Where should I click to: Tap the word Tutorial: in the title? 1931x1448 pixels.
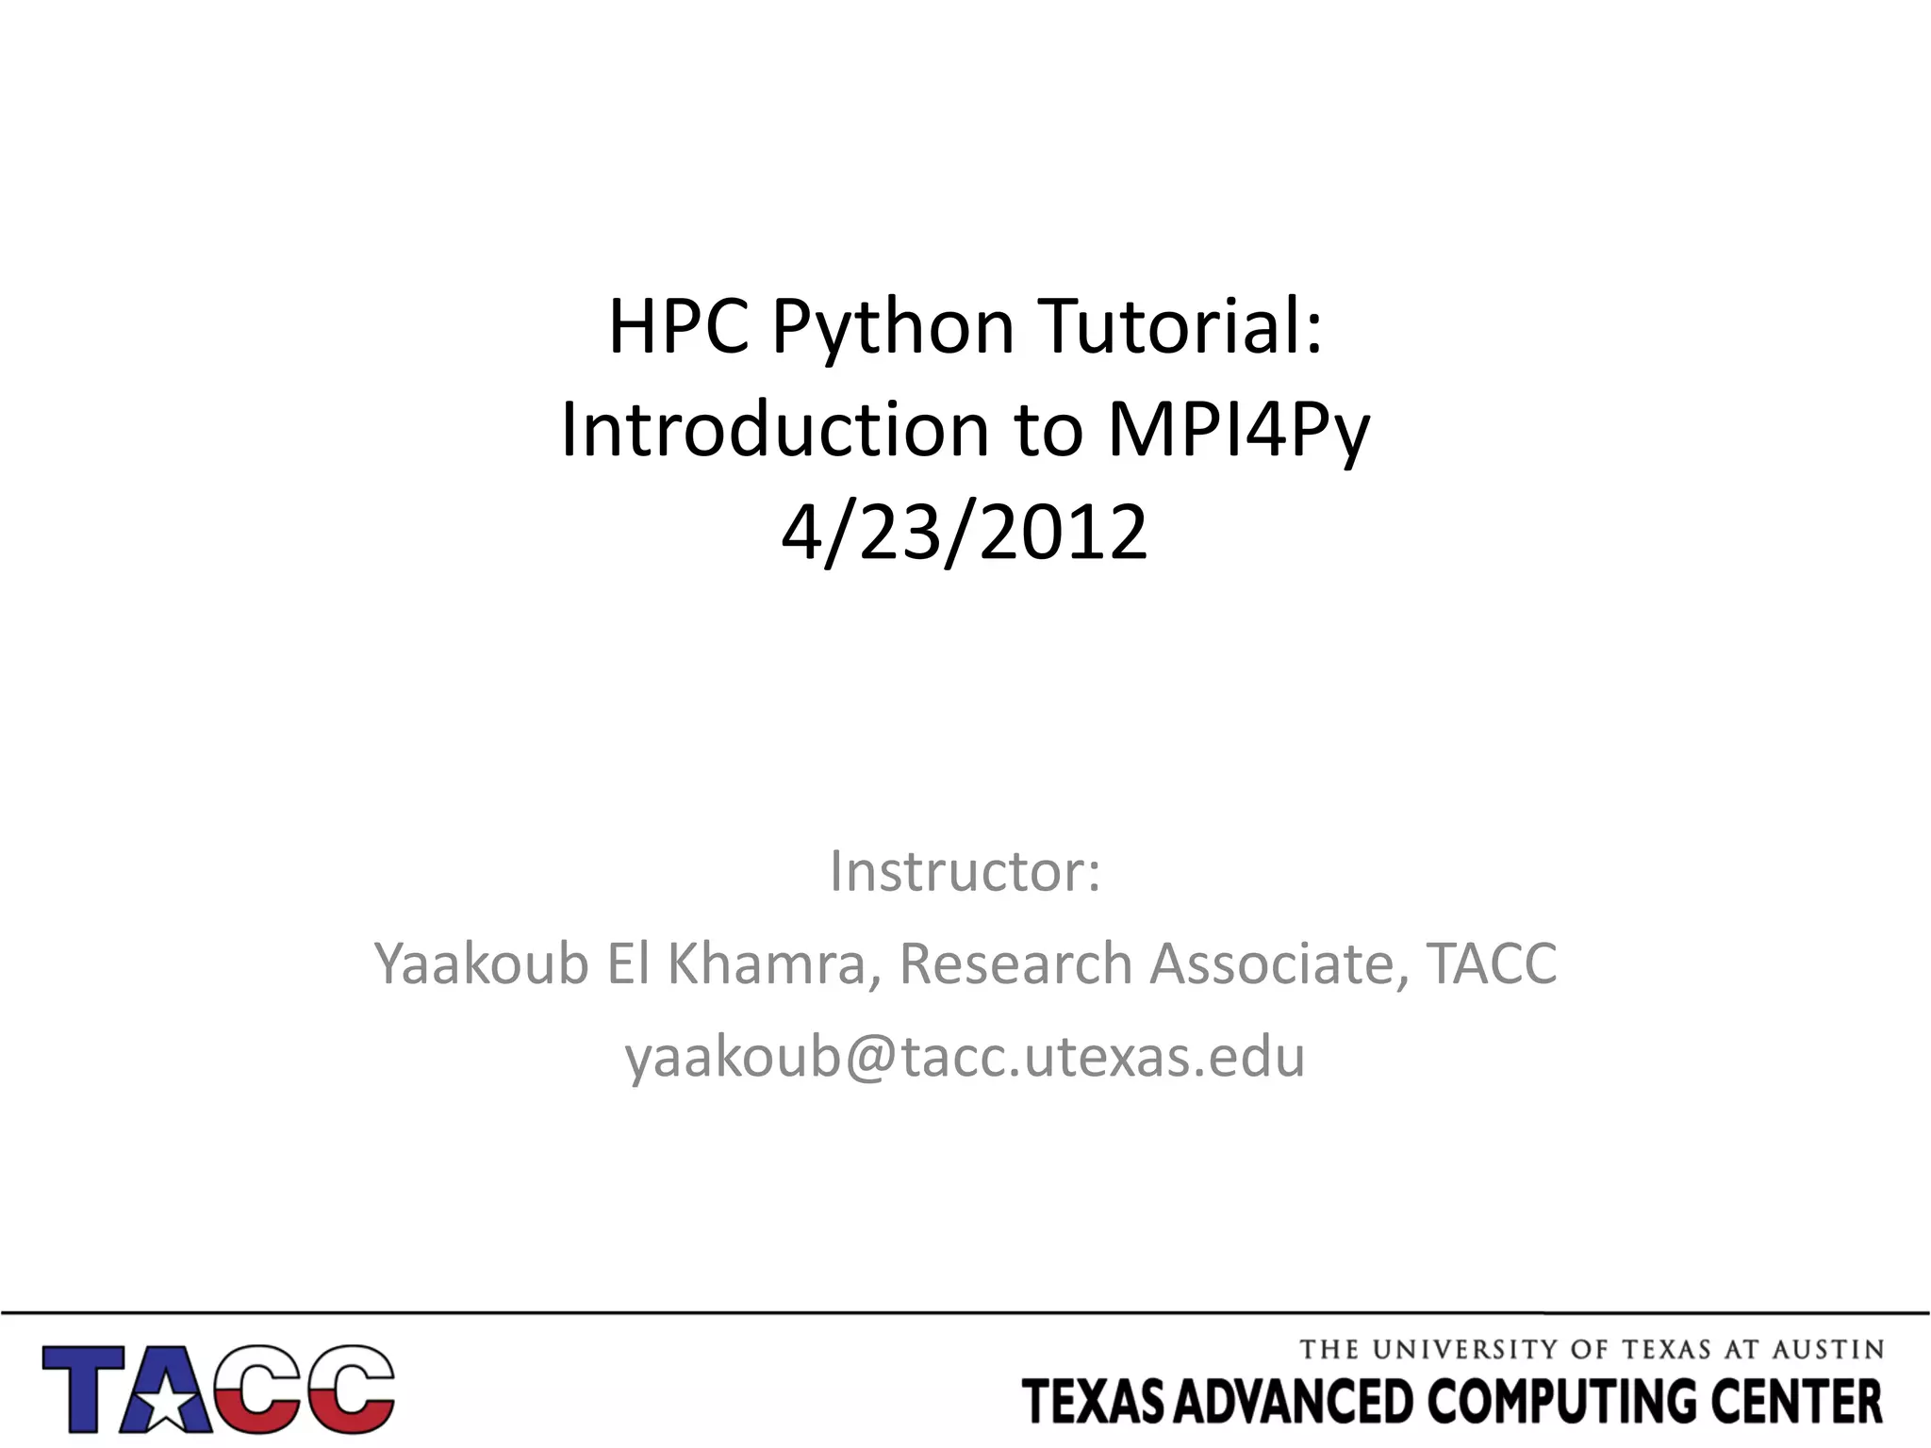coord(1180,327)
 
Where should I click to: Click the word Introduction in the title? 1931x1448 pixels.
coord(773,431)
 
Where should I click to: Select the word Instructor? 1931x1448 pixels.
coord(965,871)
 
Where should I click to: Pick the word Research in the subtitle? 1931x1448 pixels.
coord(1015,963)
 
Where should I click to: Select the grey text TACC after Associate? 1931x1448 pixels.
coord(1491,963)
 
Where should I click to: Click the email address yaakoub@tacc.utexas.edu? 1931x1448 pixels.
coord(965,1056)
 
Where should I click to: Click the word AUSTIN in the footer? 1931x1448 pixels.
coord(1827,1350)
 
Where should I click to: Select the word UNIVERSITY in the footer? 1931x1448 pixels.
coord(1465,1350)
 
